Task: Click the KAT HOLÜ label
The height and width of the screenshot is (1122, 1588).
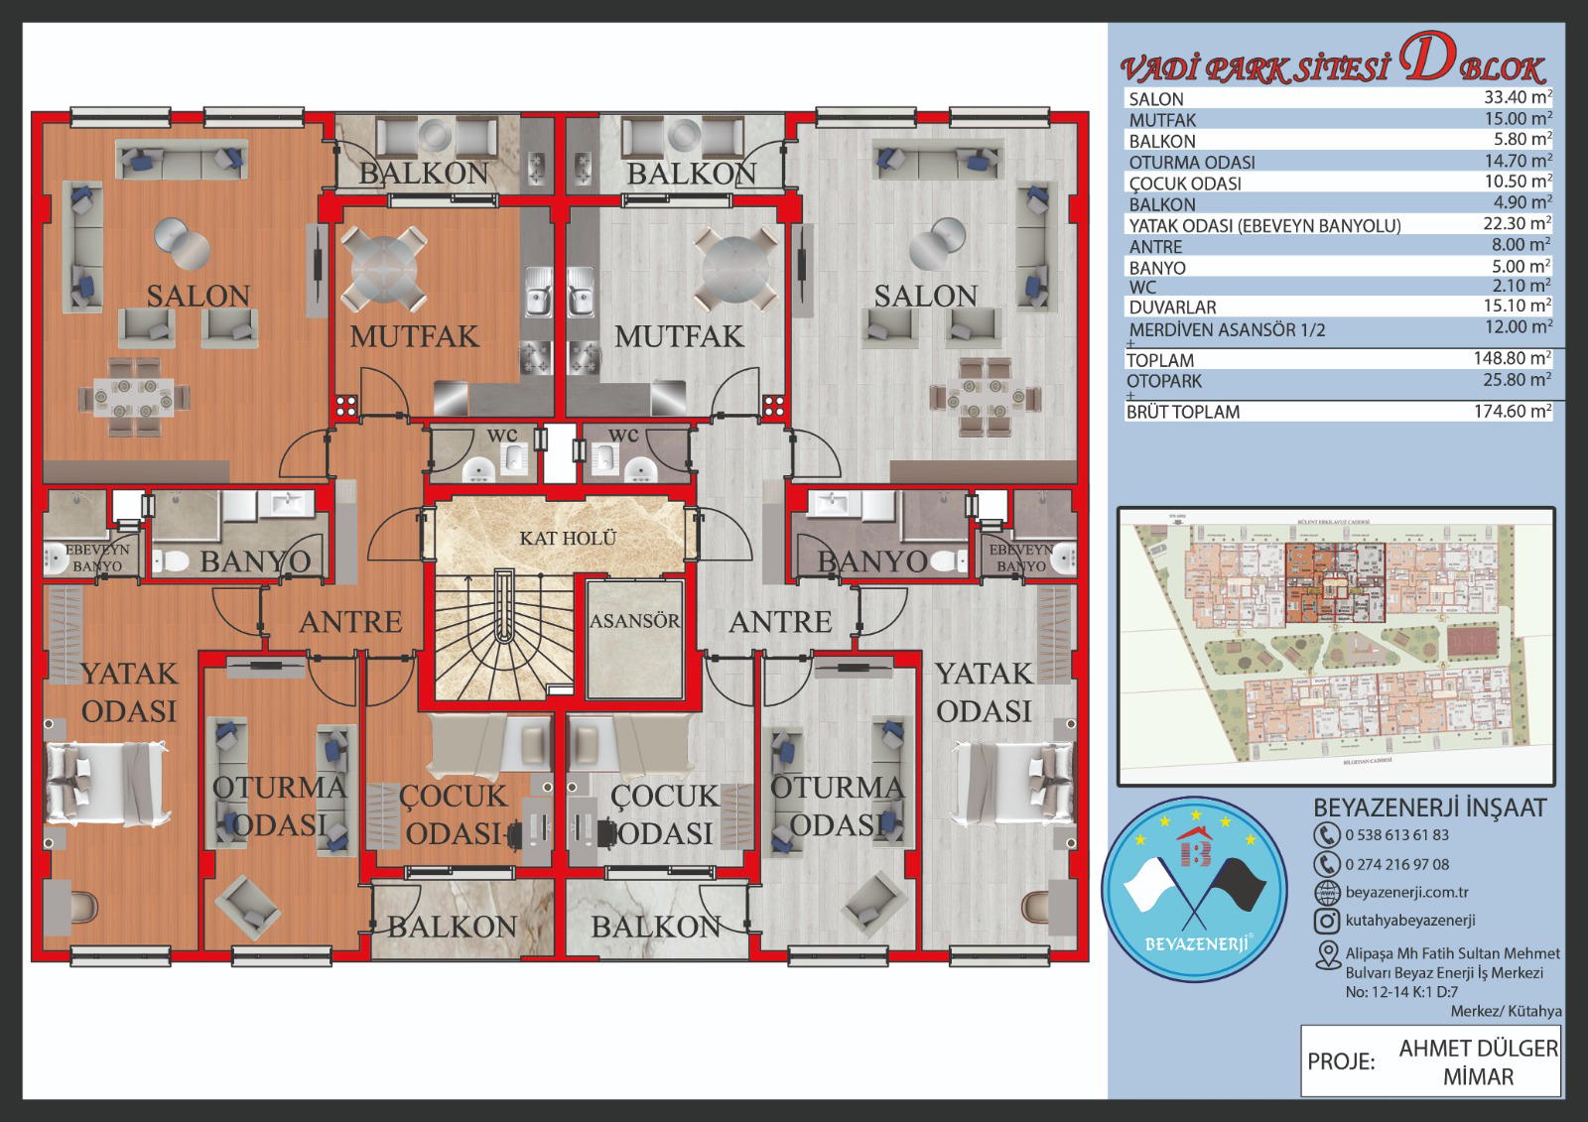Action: click(x=568, y=538)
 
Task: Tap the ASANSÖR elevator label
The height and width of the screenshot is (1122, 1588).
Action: click(x=635, y=621)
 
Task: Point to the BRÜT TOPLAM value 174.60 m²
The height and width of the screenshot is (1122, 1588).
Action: click(x=1512, y=411)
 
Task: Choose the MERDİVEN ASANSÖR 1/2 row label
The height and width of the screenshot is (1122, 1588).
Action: click(x=1227, y=329)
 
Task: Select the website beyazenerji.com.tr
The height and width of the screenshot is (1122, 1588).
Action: click(x=1406, y=893)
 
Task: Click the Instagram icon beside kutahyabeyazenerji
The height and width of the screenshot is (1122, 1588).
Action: click(x=1327, y=921)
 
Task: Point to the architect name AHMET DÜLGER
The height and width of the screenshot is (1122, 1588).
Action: click(x=1478, y=1049)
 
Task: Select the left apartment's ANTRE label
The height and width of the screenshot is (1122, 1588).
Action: click(x=350, y=622)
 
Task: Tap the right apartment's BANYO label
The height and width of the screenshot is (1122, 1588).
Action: click(x=871, y=561)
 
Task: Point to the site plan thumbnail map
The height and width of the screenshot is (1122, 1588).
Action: click(x=1336, y=646)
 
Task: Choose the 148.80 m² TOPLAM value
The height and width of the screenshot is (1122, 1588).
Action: click(x=1512, y=358)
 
